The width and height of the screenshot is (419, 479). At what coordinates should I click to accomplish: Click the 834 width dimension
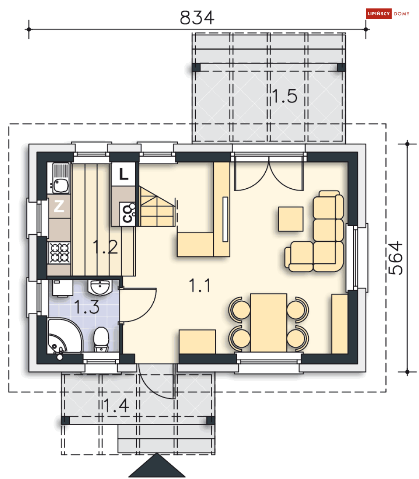197,17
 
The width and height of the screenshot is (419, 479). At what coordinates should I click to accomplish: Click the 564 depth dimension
395,258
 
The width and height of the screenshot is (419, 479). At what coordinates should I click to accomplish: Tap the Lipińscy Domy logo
388,14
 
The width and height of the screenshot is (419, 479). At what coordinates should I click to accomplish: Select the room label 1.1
200,286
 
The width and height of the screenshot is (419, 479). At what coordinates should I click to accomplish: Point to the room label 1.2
105,247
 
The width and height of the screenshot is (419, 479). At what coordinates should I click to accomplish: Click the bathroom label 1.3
87,307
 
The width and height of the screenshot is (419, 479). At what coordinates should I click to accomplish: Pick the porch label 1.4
116,406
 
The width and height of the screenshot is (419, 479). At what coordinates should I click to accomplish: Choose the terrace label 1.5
285,96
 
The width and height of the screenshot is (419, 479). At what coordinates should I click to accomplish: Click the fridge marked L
123,174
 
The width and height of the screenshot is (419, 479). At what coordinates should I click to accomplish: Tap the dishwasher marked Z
59,206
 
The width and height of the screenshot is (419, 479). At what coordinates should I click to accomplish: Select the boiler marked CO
127,214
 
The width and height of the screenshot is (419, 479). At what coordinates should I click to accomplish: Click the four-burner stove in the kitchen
60,253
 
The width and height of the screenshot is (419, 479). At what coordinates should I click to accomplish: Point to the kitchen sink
61,178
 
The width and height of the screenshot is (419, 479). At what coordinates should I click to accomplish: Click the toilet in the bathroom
101,340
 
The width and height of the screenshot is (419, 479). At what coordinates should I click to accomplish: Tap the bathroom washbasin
99,287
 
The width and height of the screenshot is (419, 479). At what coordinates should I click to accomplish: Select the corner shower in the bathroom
64,336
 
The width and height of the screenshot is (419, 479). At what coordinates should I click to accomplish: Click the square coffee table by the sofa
291,219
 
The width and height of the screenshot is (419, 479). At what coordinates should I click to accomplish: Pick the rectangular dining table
268,323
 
